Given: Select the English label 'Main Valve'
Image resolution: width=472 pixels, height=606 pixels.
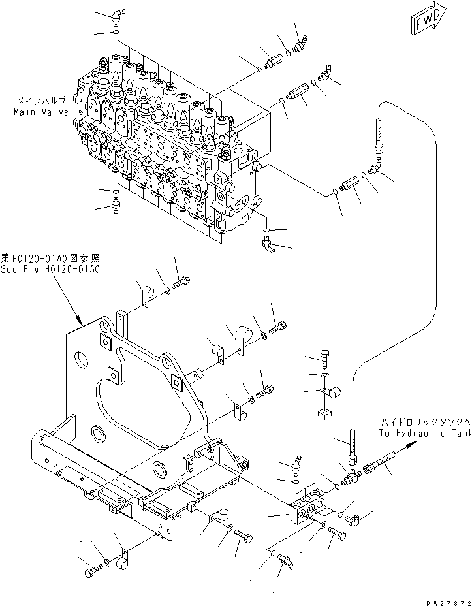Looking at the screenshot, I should (41, 112).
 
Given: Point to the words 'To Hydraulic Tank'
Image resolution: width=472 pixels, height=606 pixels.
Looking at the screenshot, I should (425, 433).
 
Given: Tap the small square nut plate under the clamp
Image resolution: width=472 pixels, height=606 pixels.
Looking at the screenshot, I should (324, 412).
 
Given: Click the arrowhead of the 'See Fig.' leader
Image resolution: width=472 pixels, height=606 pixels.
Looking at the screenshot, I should (80, 322).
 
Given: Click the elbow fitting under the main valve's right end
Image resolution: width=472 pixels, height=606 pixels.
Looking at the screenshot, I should (267, 246).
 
